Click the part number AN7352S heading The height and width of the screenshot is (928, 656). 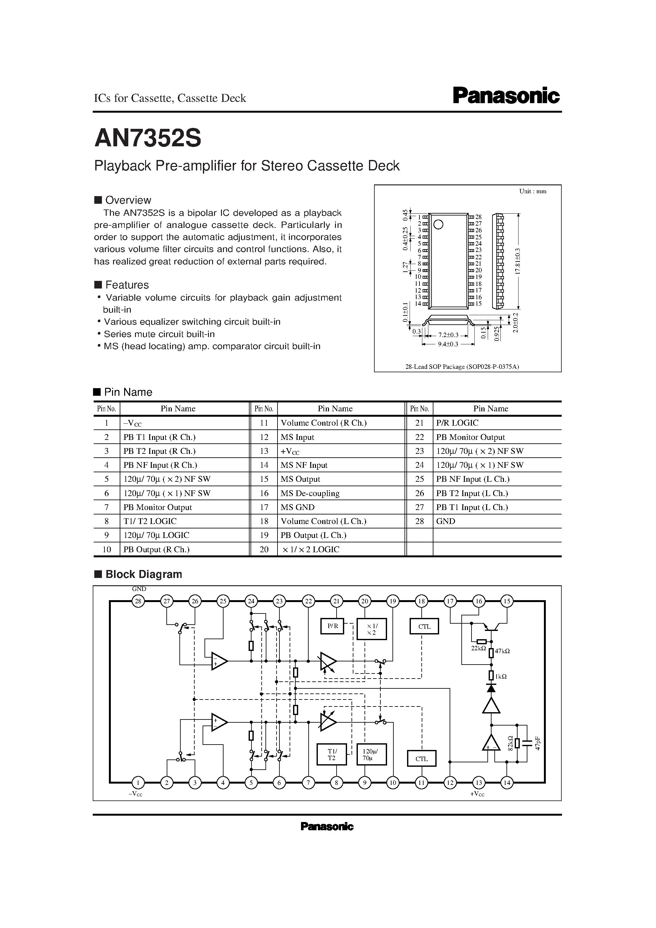(x=148, y=139)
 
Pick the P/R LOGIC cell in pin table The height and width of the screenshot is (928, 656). (x=457, y=423)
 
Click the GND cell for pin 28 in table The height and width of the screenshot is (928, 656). (x=446, y=521)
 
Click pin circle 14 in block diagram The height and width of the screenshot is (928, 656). (x=506, y=783)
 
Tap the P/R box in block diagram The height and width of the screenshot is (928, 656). (x=332, y=626)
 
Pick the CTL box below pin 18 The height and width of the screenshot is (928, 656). (x=424, y=626)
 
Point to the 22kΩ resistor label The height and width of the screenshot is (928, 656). (x=478, y=648)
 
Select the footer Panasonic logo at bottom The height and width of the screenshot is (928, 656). (x=327, y=826)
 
